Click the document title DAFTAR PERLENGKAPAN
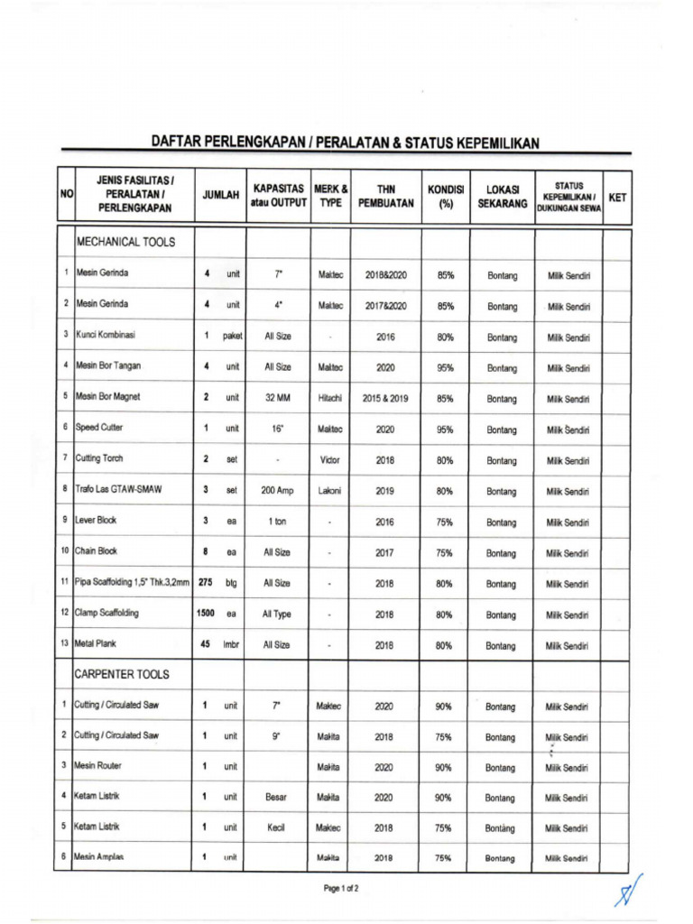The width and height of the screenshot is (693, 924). [x=345, y=143]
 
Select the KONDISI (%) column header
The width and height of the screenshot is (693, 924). [x=445, y=196]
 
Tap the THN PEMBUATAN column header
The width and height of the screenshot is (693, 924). [x=386, y=196]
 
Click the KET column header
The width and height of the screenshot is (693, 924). [x=617, y=197]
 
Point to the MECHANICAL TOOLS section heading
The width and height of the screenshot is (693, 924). [x=126, y=242]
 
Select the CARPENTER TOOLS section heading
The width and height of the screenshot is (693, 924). [x=123, y=674]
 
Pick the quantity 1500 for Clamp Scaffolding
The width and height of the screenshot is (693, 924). [x=206, y=614]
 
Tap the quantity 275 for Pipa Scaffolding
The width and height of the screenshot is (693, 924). [x=205, y=583]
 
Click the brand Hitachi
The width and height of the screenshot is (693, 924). [x=330, y=397]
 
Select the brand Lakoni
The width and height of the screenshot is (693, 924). [x=330, y=491]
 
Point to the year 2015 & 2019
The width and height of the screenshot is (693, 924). [x=386, y=397]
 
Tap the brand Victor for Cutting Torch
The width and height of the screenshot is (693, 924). [x=330, y=459]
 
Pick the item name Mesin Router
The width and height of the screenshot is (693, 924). [x=99, y=766]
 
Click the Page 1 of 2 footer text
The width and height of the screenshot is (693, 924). [x=342, y=889]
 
